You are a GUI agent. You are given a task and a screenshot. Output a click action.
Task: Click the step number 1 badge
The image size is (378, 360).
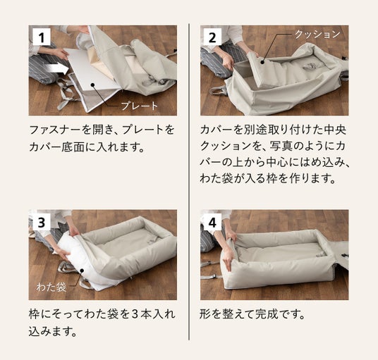(42, 37)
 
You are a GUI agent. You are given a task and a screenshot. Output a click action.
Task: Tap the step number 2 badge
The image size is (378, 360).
(212, 37)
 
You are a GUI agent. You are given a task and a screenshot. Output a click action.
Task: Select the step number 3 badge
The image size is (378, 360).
(42, 221)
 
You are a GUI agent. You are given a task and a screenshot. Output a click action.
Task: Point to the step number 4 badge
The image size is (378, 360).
(212, 221)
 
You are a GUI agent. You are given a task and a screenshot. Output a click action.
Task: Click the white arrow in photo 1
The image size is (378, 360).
(57, 68)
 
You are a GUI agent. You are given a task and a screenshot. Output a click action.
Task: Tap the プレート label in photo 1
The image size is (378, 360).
(140, 106)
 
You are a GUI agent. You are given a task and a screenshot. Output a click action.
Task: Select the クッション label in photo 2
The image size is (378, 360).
(317, 35)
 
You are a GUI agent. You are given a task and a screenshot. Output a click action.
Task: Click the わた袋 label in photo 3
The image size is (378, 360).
(51, 287)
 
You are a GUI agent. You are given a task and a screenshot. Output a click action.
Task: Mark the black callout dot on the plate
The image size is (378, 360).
(92, 85)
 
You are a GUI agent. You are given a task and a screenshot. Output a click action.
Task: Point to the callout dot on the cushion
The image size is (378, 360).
(262, 63)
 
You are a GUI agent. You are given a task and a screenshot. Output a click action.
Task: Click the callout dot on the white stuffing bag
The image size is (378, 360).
(82, 271)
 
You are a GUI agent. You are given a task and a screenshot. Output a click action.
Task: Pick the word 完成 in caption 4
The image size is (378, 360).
(267, 314)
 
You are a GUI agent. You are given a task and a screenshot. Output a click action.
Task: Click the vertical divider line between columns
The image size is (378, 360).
(189, 182)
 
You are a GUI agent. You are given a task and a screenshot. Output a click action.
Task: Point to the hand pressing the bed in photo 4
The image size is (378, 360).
(228, 261)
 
